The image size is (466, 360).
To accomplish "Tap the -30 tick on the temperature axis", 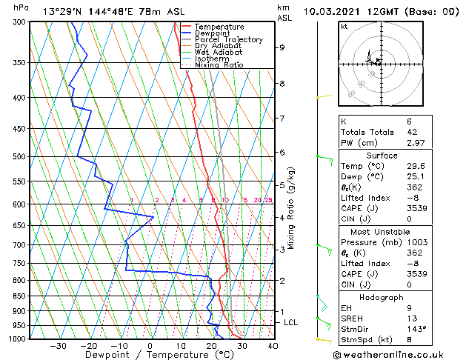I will [58, 345].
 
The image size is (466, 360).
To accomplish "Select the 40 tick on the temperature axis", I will [273, 345].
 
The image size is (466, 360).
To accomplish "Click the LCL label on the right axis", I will [291, 322].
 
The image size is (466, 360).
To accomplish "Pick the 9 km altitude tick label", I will [282, 47].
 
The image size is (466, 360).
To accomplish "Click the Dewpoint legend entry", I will [211, 33].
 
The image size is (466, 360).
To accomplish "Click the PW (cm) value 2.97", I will [392, 142].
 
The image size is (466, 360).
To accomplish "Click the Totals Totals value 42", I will [392, 131].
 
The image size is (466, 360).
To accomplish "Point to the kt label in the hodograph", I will [344, 26].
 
